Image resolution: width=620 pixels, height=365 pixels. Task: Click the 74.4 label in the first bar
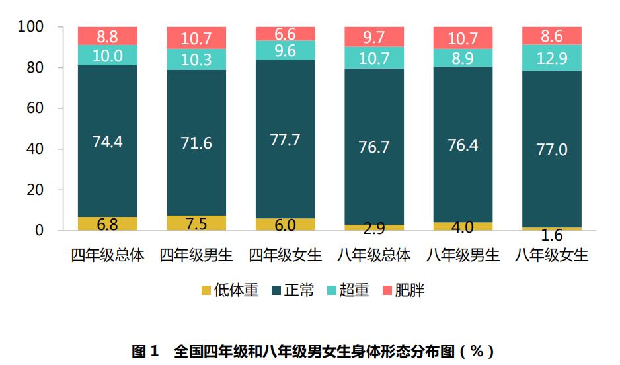pos(107,142)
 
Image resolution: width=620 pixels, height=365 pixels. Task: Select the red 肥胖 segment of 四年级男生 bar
pos(196,38)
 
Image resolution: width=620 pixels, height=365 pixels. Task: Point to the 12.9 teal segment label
pos(552,58)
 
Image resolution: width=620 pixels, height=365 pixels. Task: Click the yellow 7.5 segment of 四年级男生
pos(196,223)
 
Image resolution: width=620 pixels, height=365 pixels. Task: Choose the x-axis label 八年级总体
pos(374,255)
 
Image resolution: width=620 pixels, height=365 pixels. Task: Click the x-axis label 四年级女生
pos(286,255)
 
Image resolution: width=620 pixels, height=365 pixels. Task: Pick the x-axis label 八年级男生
pos(463,255)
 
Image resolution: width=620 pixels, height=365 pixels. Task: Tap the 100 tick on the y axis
pos(31,27)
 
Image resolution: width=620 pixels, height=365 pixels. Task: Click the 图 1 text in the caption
pos(145,351)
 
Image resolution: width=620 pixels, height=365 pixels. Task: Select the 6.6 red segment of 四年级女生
pos(286,34)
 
